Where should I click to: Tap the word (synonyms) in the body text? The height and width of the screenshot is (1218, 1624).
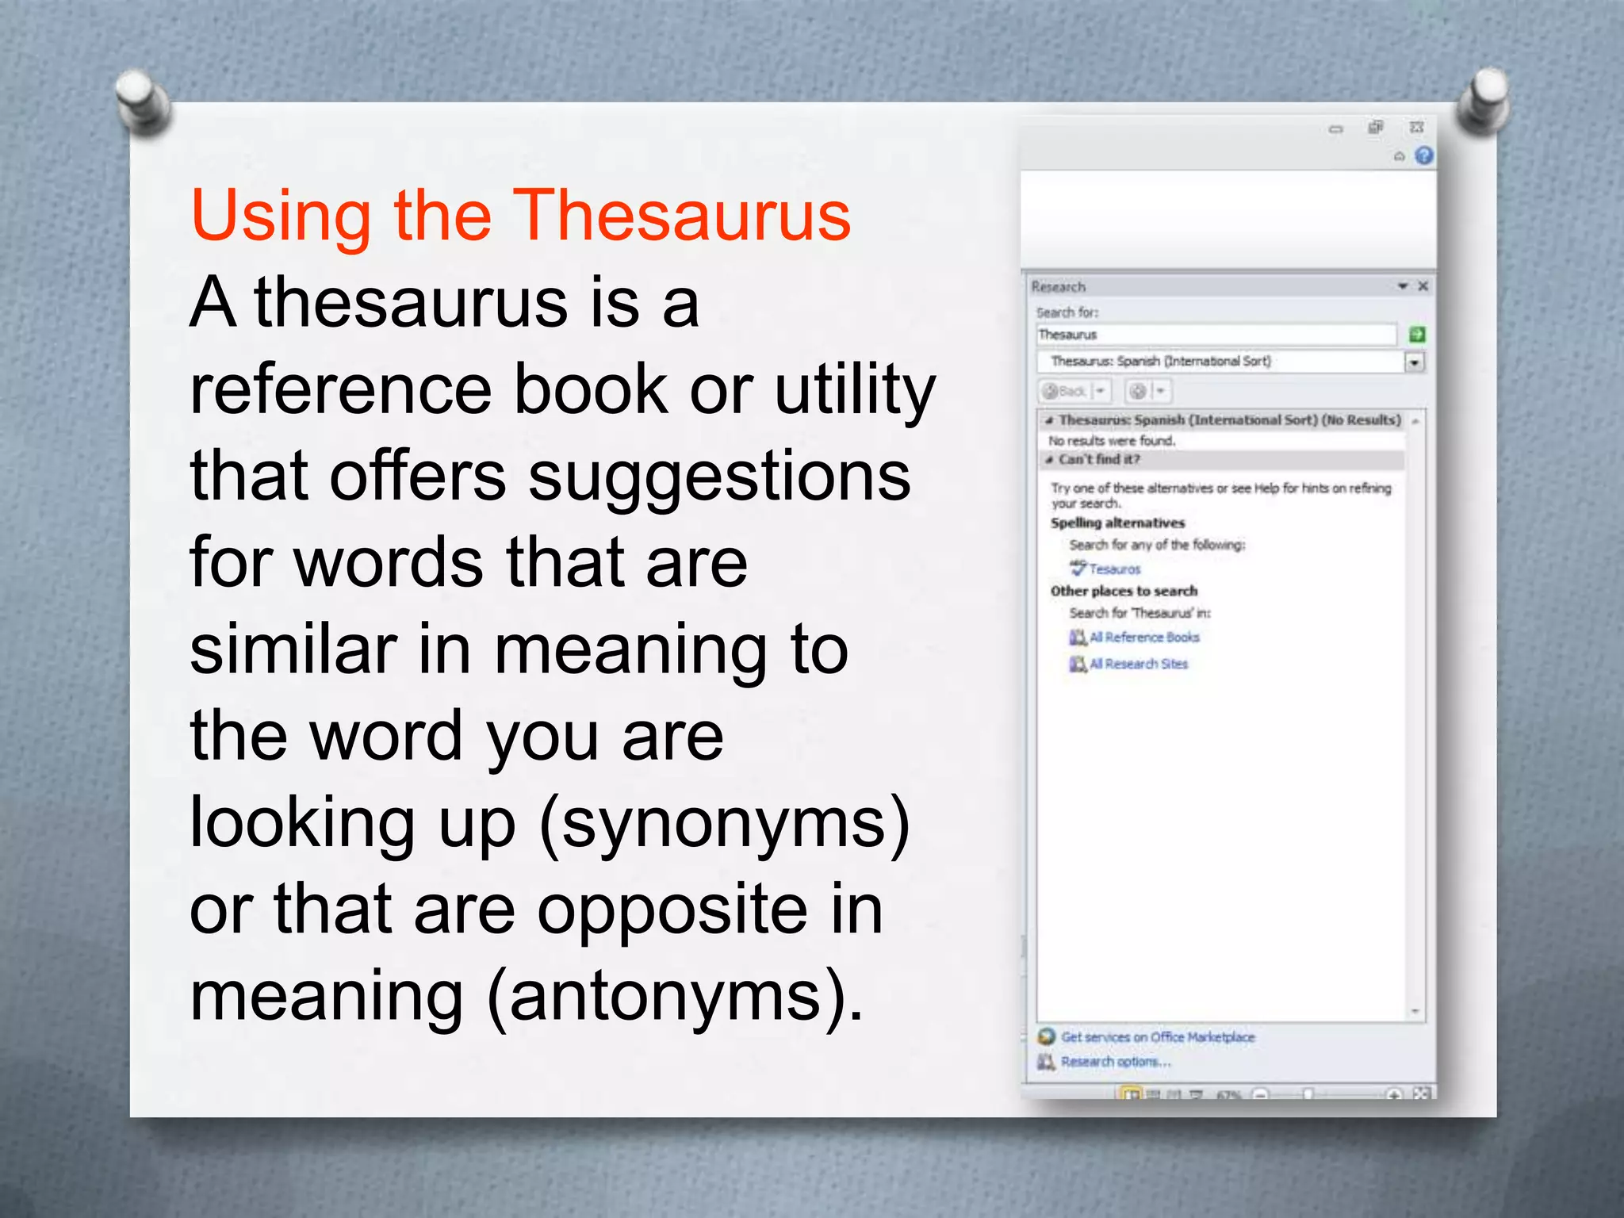pos(725,825)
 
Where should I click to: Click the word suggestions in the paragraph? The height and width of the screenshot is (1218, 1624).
pos(719,477)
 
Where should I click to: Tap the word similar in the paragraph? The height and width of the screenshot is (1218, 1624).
pos(293,650)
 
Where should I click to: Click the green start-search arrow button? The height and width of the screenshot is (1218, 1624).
pos(1417,335)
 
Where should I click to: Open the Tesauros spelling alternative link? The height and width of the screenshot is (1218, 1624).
pos(1114,569)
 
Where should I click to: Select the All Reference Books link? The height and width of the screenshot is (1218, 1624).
pos(1143,638)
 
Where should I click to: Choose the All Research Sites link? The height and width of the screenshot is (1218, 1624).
pos(1138,664)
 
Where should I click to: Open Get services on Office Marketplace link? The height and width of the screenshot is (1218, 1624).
pos(1158,1037)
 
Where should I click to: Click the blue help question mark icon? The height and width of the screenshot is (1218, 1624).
pos(1424,156)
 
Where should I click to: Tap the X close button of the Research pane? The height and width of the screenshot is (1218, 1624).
pos(1423,286)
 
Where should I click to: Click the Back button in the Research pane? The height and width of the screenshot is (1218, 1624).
pos(1066,391)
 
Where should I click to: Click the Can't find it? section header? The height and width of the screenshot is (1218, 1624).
pos(1098,459)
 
